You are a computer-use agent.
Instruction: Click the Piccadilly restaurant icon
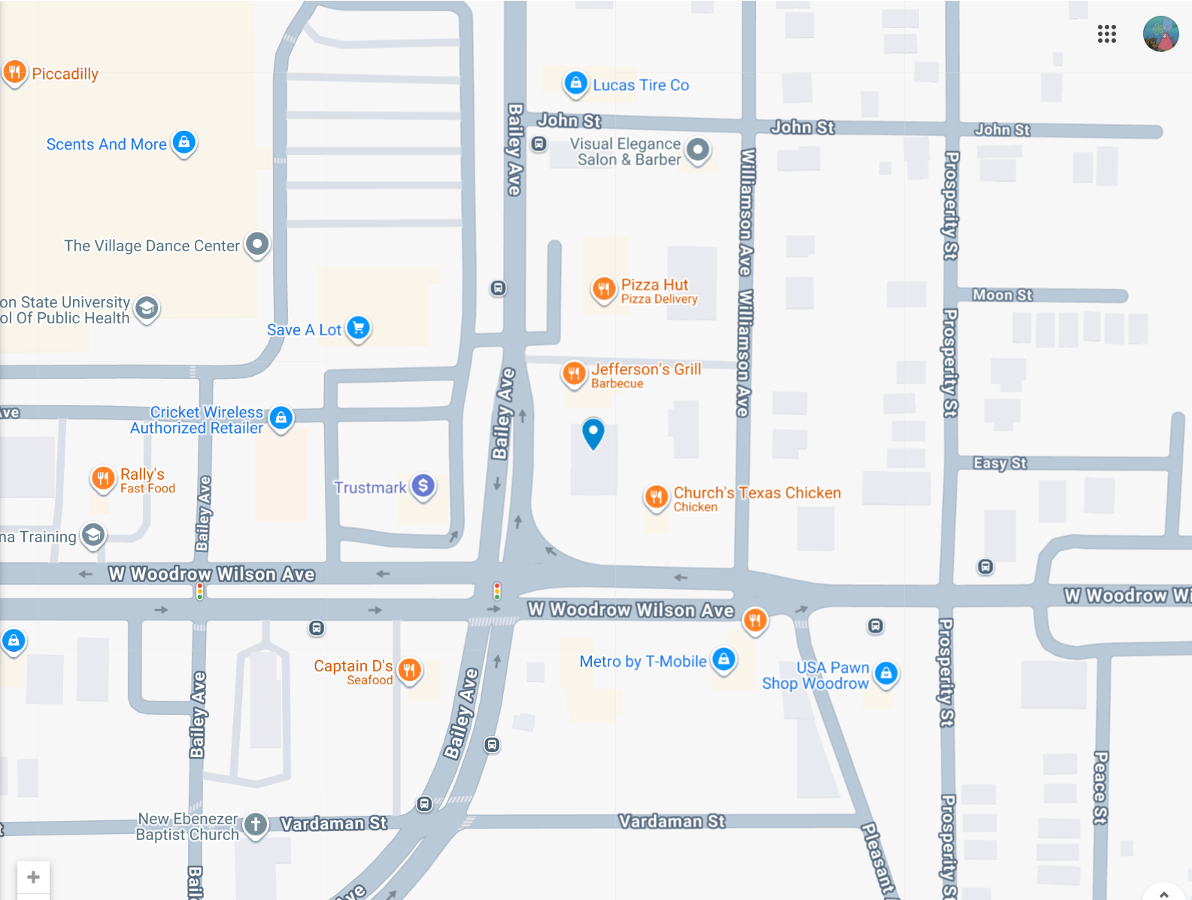[14, 72]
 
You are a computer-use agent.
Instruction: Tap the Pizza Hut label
[654, 285]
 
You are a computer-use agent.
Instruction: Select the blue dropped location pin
[593, 432]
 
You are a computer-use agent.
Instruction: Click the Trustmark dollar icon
[423, 486]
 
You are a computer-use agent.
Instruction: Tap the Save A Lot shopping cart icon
[359, 328]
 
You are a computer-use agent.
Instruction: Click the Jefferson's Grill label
[645, 369]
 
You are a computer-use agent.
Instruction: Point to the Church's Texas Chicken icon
[657, 496]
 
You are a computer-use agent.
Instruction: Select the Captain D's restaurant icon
[409, 669]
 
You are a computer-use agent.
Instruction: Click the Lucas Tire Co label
[641, 85]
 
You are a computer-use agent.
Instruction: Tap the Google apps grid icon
[1106, 34]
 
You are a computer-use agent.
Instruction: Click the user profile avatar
[1160, 34]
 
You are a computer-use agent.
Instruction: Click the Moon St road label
[1002, 295]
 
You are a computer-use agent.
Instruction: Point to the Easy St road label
[999, 463]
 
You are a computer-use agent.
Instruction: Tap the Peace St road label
[1100, 787]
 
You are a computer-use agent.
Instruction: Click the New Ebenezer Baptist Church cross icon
[256, 824]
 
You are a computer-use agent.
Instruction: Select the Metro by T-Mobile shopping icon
[723, 659]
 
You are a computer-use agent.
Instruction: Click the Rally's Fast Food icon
[103, 477]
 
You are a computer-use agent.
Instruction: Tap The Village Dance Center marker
[258, 244]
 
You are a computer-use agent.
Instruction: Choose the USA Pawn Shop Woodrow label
[816, 675]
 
